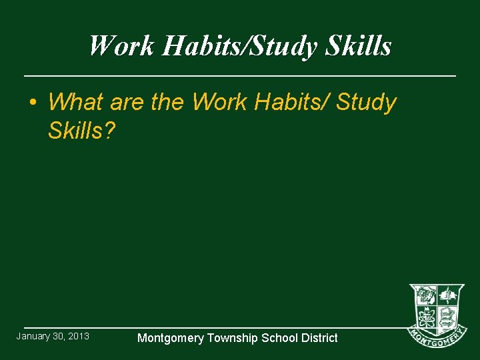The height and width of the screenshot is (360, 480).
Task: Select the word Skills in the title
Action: [359, 46]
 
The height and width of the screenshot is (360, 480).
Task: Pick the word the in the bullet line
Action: [169, 102]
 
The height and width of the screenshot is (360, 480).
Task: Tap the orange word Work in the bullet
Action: [217, 102]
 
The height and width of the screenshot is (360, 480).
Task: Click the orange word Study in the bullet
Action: [367, 102]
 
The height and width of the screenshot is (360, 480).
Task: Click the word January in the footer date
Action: [33, 336]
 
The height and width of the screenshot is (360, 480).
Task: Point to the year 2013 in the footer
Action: [78, 336]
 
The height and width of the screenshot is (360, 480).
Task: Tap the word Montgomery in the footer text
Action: [170, 338]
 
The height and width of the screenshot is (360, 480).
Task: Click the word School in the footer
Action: [279, 338]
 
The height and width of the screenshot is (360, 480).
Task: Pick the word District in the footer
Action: [317, 338]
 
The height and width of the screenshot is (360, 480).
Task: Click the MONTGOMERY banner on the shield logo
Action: [437, 338]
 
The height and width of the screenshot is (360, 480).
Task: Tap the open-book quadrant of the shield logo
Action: [449, 295]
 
